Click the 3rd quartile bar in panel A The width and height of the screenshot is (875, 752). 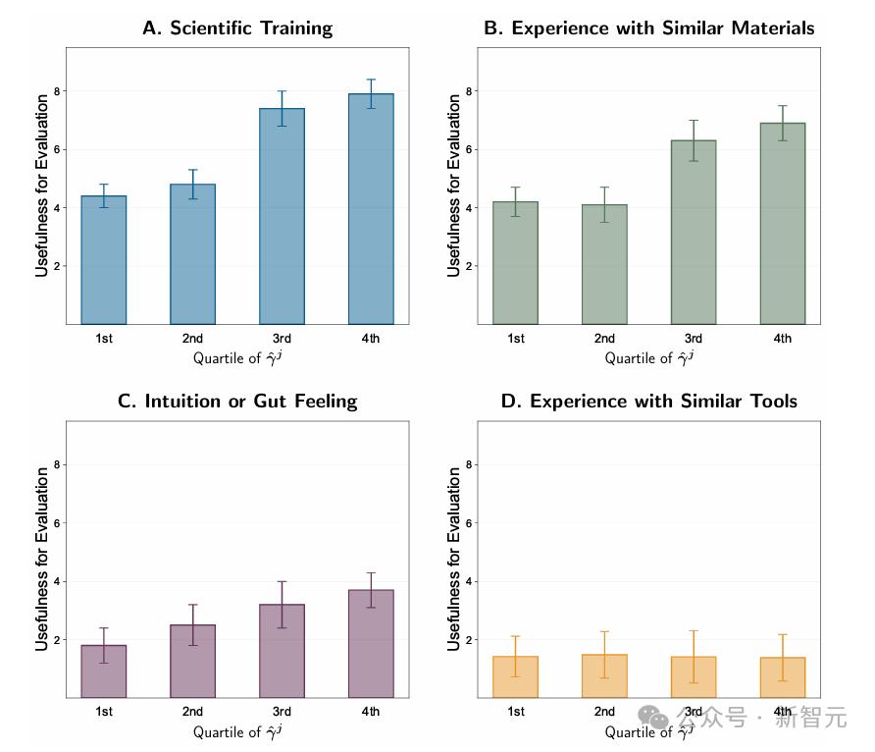(282, 216)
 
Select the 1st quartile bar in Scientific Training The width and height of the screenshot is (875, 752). (104, 260)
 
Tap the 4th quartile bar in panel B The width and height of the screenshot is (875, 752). (782, 223)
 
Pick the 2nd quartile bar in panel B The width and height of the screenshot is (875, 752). (604, 264)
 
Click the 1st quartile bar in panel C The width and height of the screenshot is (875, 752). (104, 671)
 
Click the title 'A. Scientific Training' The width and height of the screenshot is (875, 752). (237, 27)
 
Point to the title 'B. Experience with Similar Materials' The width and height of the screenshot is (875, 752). (649, 27)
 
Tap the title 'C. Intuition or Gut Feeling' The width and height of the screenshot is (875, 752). (237, 401)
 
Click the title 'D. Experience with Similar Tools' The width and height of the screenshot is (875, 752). (649, 401)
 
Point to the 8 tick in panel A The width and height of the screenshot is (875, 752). (58, 91)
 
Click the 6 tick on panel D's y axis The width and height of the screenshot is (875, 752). (470, 523)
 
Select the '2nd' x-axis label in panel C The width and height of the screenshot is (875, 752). (192, 712)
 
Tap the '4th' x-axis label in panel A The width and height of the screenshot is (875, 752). (371, 339)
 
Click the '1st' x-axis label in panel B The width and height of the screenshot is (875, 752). (516, 339)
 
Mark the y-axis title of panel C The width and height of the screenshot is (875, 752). (42, 559)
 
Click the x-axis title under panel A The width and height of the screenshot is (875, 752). (237, 358)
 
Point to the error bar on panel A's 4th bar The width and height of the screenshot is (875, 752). (371, 93)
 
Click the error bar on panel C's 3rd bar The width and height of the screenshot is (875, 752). (282, 604)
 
